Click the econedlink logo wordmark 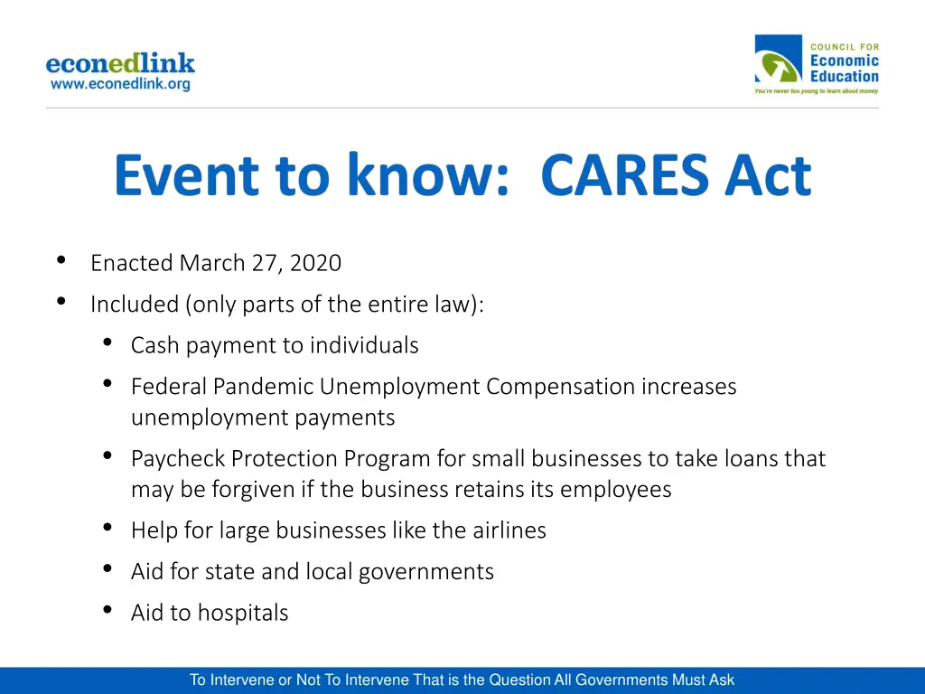[x=120, y=63]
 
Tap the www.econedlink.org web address [x=120, y=84]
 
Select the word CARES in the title [x=624, y=175]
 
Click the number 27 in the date [x=269, y=263]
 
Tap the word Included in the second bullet [x=135, y=305]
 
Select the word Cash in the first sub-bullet [x=154, y=345]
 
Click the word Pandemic [x=264, y=387]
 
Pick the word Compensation [x=560, y=387]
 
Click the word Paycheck [x=178, y=459]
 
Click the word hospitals [x=243, y=613]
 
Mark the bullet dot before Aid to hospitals [x=108, y=611]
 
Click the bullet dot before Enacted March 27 [x=61, y=261]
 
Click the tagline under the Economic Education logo [x=817, y=91]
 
